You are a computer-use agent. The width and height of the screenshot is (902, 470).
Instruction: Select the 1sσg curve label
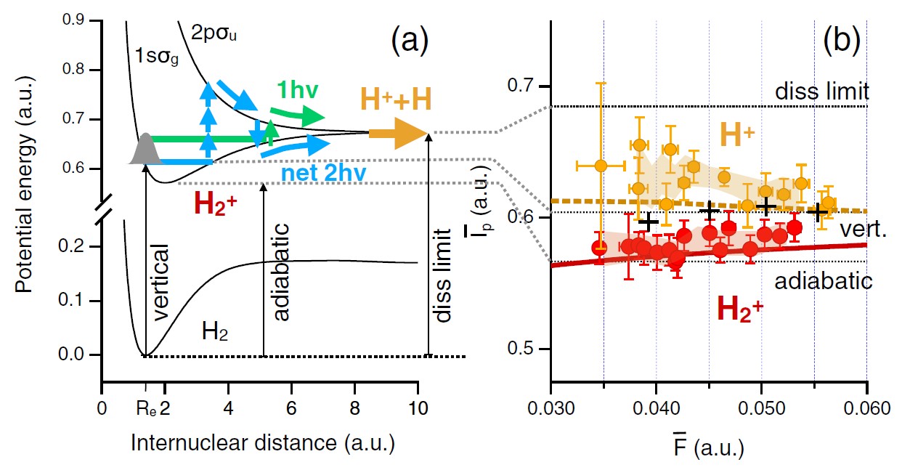155,55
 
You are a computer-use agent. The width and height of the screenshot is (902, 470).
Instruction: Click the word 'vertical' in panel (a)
161,284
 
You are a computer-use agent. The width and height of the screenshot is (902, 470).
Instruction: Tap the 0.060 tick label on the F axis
866,408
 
